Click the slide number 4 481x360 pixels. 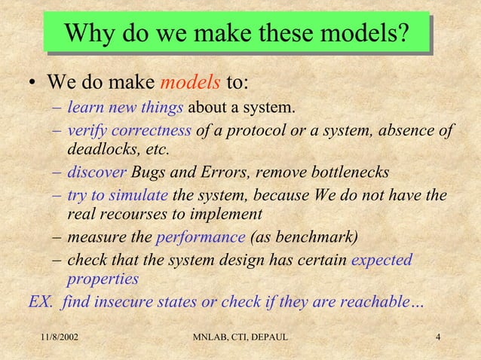point(440,335)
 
